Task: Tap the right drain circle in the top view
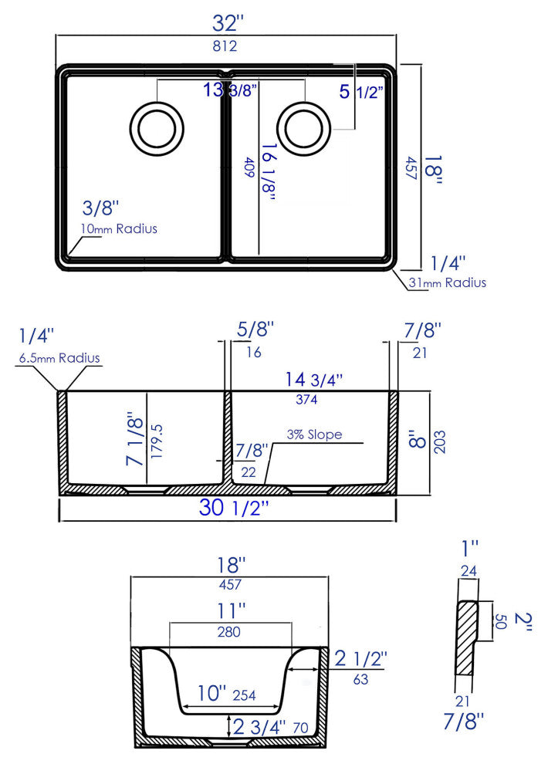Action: [x=305, y=127]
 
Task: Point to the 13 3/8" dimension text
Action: [x=230, y=90]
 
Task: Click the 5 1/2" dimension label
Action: [x=362, y=92]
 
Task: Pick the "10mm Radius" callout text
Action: [x=119, y=228]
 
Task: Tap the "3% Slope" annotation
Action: [x=314, y=434]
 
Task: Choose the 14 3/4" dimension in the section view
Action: [x=313, y=379]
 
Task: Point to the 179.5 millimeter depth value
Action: [x=157, y=441]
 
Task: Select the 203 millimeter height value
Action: [x=441, y=442]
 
